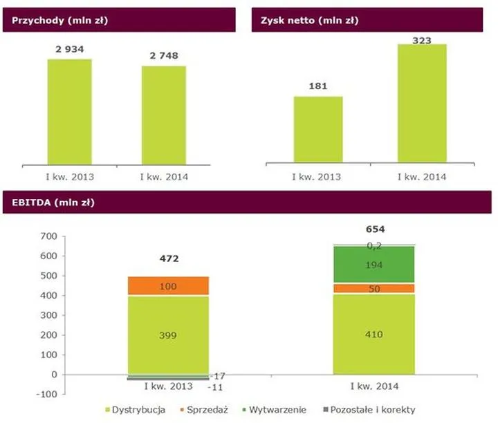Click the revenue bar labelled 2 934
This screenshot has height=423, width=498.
[x=69, y=111]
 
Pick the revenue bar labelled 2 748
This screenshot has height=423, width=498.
[x=163, y=114]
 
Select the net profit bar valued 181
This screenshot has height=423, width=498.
[x=318, y=129]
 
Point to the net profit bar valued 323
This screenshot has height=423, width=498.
[x=422, y=104]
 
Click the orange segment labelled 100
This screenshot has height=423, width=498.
[x=167, y=285]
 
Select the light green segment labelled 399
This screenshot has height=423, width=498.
[x=167, y=335]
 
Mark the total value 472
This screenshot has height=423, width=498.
[x=169, y=258]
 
